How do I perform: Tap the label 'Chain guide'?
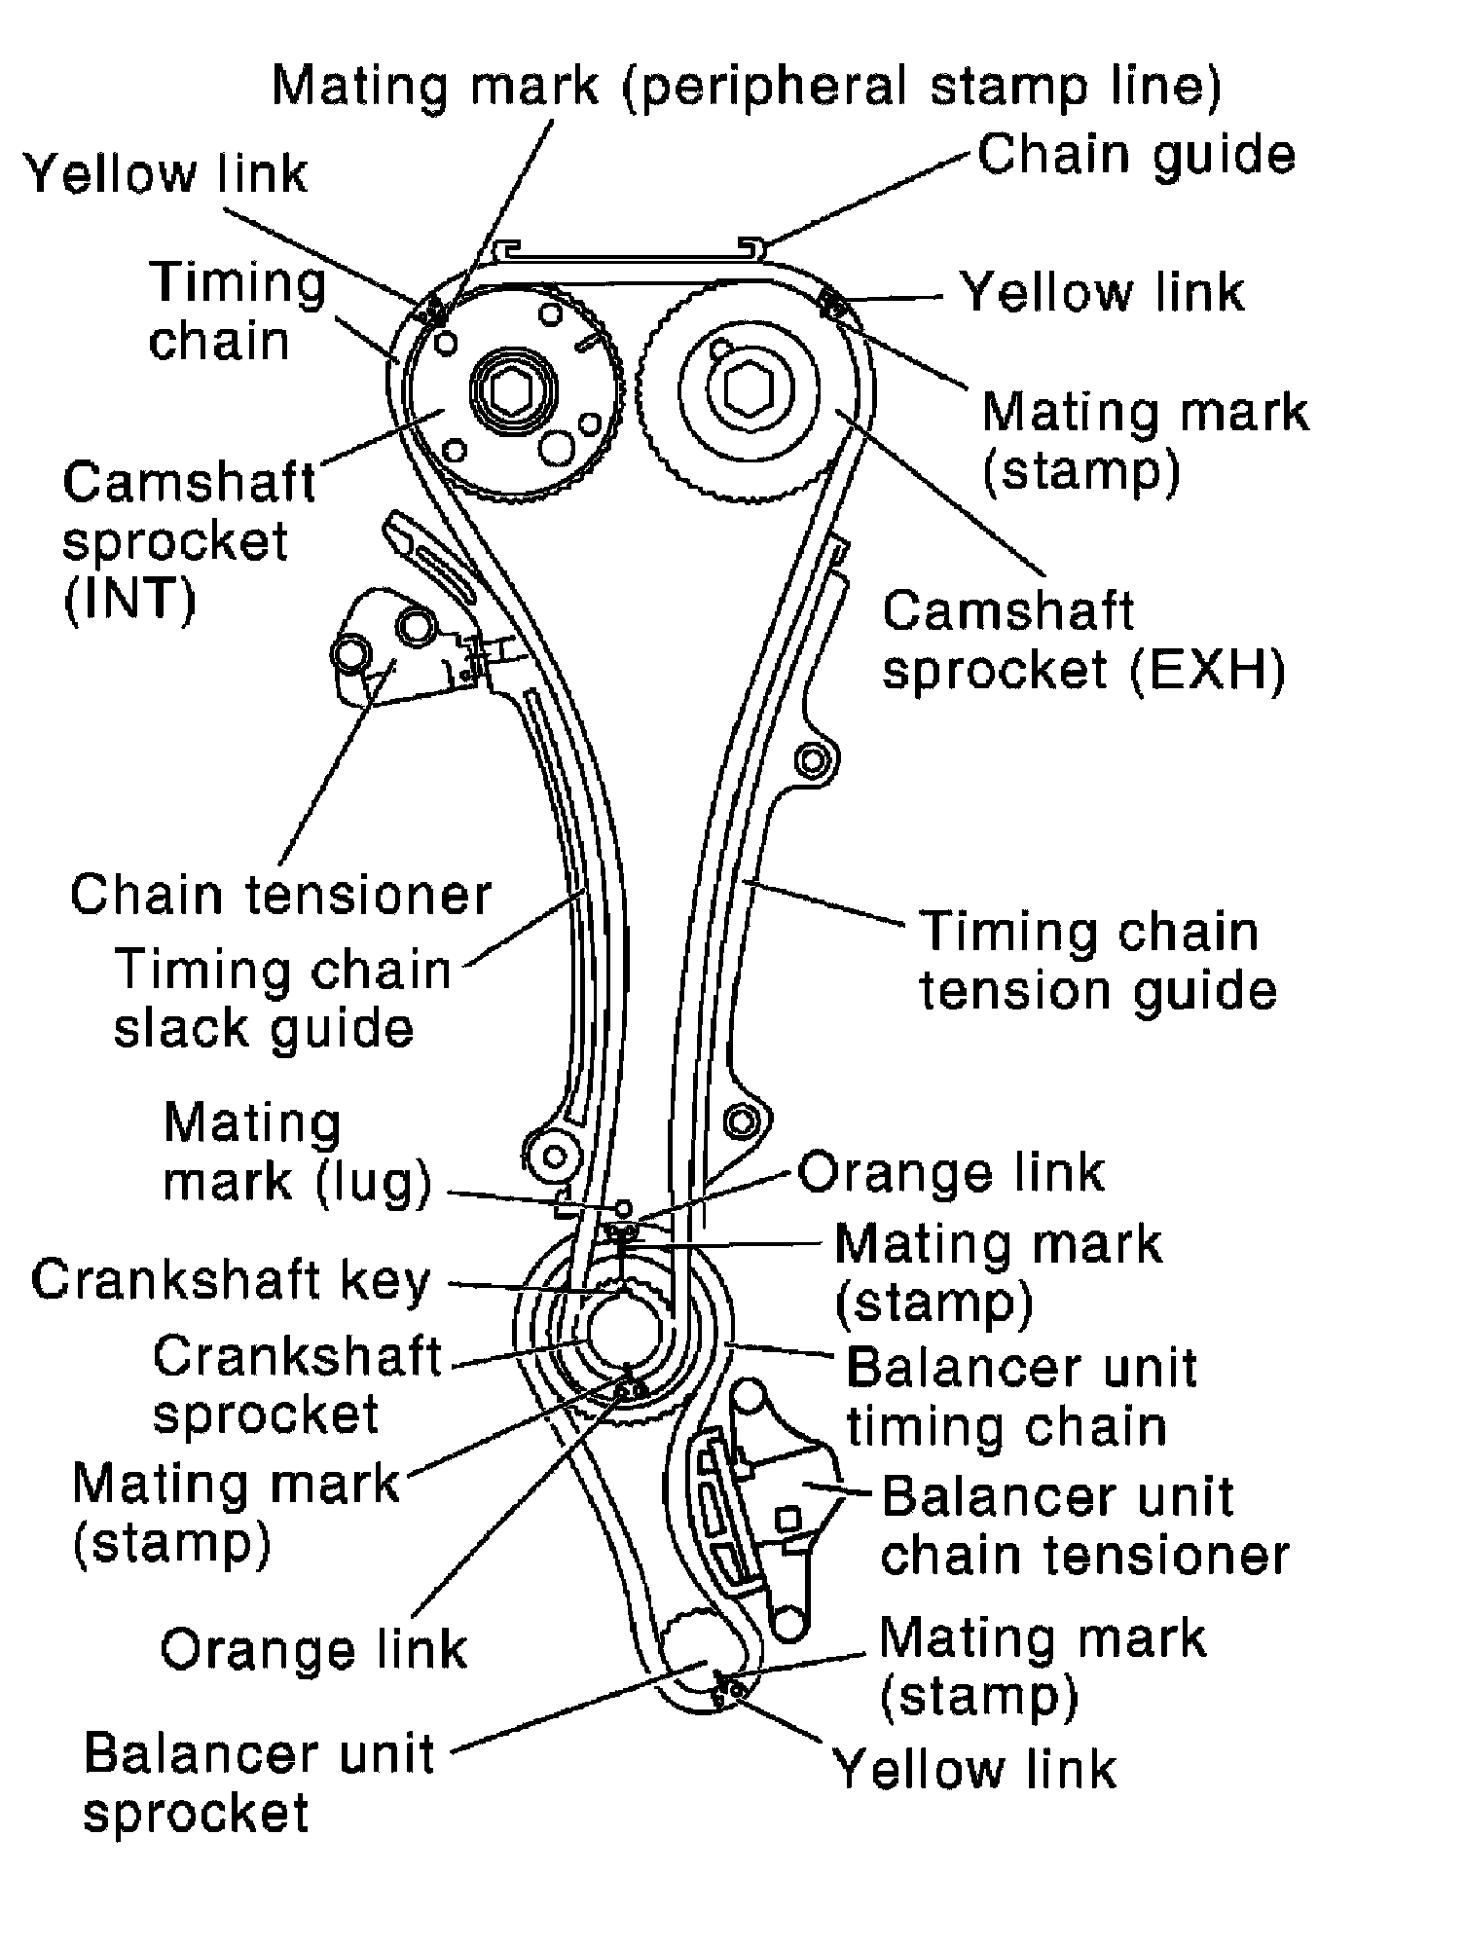(1136, 155)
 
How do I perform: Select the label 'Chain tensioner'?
(280, 894)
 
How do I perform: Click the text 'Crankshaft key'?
(231, 1281)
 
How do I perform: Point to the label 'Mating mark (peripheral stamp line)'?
(746, 87)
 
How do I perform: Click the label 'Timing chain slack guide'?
(282, 999)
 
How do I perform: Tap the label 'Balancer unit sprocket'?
(258, 1782)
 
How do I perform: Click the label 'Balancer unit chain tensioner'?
(1084, 1525)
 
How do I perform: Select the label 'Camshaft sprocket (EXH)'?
(1083, 640)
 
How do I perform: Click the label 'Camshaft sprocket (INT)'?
(189, 540)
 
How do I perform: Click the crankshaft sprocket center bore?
(627, 1328)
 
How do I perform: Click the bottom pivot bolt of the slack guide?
(555, 1157)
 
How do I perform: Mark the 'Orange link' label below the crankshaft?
(313, 1650)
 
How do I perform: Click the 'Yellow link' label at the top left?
(166, 174)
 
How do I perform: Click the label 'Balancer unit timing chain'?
(1020, 1397)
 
